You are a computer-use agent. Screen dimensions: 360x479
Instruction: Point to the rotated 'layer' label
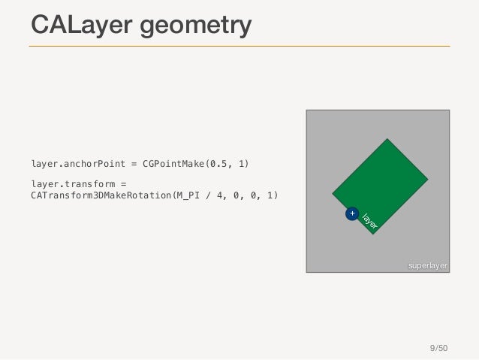[369, 221]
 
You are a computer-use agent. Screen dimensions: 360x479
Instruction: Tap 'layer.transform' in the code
[68, 183]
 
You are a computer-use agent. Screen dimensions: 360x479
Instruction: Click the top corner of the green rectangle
[387, 139]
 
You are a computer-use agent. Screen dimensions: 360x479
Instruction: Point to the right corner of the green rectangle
[428, 180]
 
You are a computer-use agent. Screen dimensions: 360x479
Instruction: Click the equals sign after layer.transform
[125, 183]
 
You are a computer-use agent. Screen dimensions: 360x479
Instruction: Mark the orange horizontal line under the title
[239, 46]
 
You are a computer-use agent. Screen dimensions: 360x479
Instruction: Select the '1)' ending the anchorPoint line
[242, 162]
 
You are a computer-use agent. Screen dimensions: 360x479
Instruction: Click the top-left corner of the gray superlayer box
[306, 110]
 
